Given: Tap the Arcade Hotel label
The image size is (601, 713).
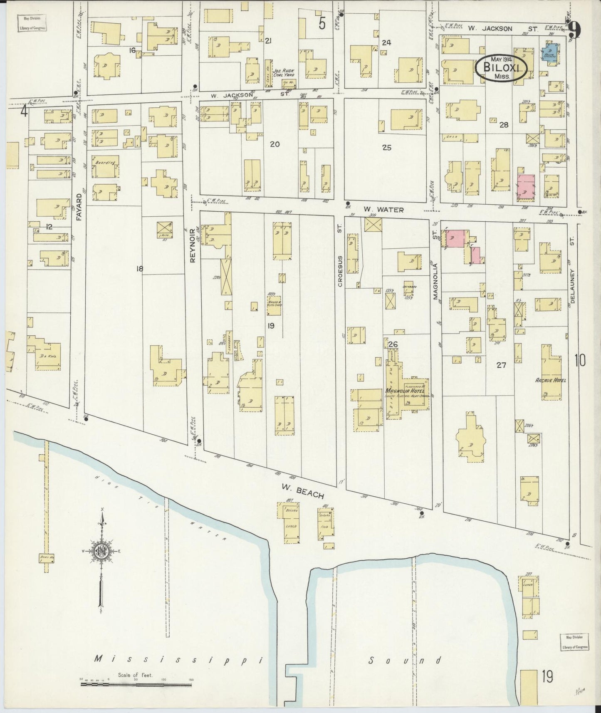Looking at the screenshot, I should (x=551, y=380).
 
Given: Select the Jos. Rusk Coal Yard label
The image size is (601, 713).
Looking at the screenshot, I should (x=284, y=74).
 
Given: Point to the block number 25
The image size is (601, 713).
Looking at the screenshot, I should (x=387, y=147).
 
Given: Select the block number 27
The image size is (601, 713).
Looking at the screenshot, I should (x=501, y=365).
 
